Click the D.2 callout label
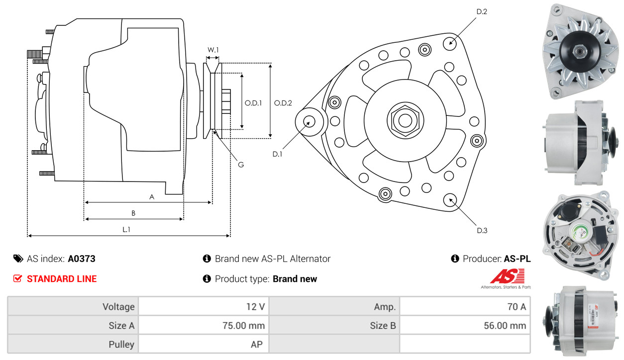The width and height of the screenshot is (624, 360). pos(482,11)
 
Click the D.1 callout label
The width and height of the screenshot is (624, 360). pos(277,154)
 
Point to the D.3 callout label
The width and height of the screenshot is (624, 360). pos(482,230)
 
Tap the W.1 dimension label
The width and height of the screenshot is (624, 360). pos(213,50)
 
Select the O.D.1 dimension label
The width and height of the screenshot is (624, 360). pos(253,103)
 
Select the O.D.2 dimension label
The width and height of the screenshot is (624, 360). pos(283,103)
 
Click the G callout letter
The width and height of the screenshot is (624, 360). pos(240,165)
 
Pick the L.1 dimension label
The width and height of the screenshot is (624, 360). pos(126,230)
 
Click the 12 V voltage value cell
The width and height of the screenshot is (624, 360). pos(255,307)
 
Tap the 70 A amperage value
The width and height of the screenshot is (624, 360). pos(516,307)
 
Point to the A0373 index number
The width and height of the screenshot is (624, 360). pos(82,259)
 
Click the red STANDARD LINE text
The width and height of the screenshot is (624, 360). pos(62,279)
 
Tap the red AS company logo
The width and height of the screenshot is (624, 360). pos(507,276)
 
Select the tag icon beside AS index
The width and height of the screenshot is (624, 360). pos(18,259)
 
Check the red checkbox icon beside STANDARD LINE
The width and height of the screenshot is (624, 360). pos(18,279)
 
